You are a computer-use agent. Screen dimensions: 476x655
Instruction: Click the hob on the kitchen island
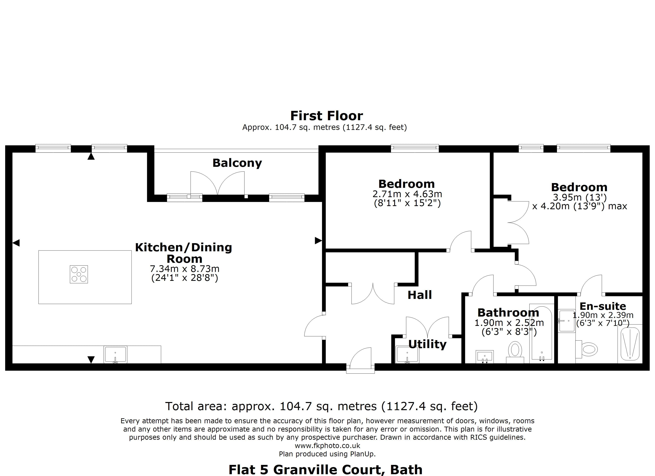click(x=79, y=274)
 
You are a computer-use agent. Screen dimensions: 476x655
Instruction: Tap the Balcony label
click(x=237, y=163)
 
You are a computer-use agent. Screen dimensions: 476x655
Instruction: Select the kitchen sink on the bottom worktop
click(x=115, y=354)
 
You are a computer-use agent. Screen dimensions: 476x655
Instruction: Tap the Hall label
click(x=419, y=295)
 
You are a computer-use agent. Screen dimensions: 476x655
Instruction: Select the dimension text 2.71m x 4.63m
click(x=407, y=194)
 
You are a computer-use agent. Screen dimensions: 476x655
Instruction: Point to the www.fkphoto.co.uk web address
click(x=327, y=446)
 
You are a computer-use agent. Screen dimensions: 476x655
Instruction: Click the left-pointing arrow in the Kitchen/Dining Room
click(x=16, y=243)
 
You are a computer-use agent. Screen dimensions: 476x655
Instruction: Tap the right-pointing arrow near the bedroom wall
click(x=318, y=240)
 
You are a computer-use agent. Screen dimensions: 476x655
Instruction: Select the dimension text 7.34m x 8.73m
click(x=185, y=269)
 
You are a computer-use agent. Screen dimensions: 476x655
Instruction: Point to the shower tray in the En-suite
click(x=630, y=344)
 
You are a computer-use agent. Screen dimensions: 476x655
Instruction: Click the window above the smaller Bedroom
click(x=415, y=148)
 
